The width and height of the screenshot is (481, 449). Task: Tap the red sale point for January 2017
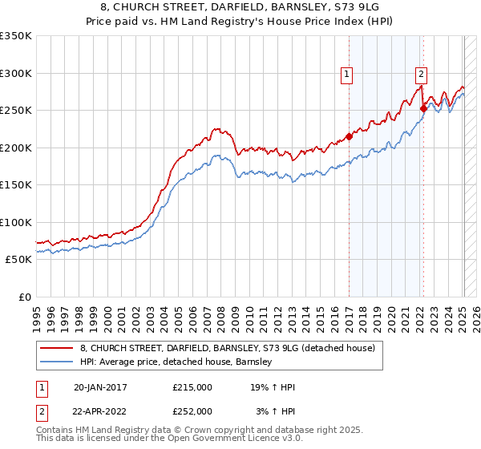350,136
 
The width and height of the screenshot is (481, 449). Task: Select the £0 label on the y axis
24,297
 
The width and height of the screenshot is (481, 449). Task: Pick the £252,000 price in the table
192,411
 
